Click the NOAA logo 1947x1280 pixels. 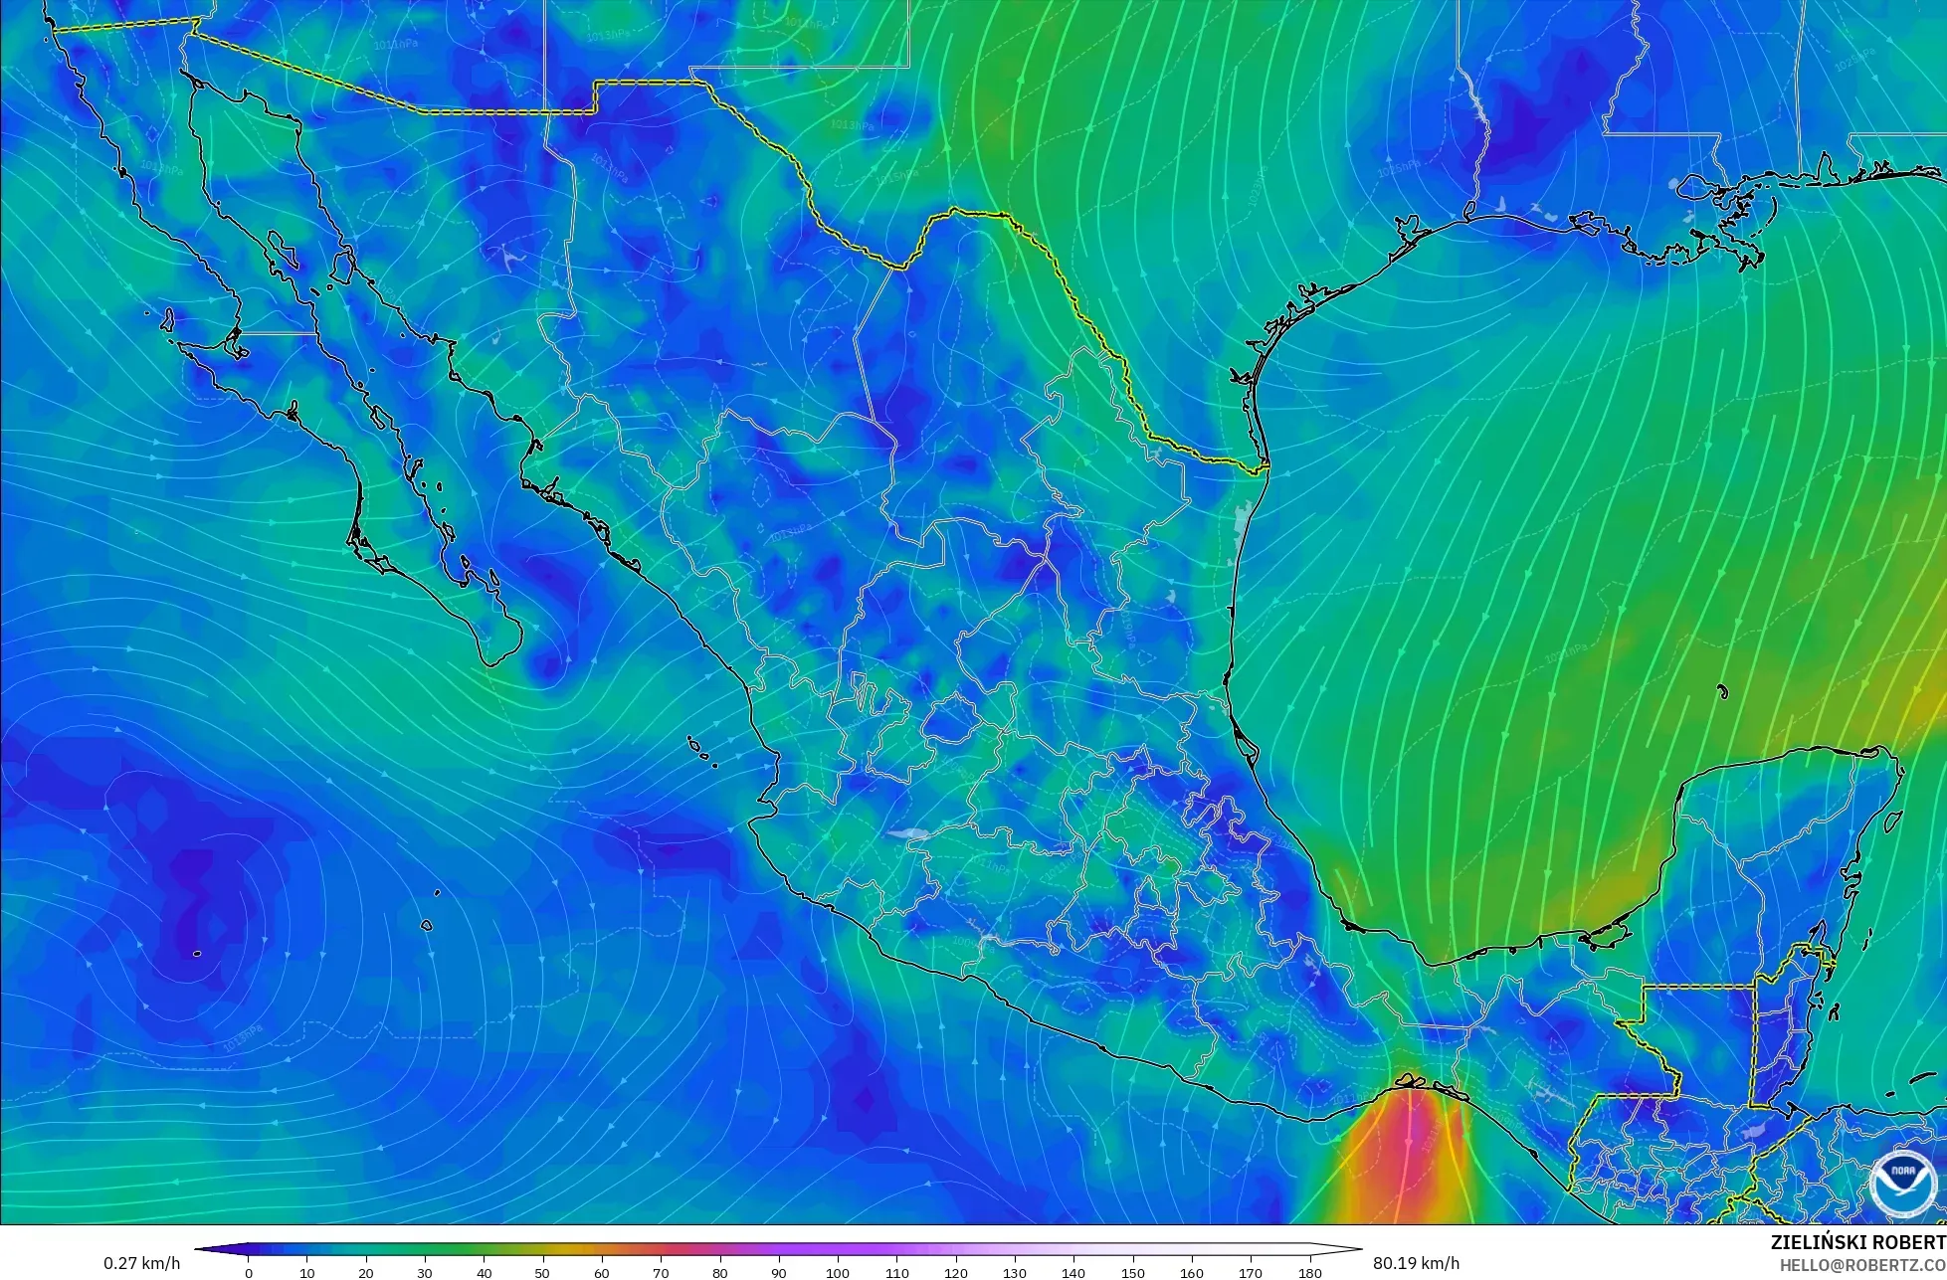(x=1901, y=1183)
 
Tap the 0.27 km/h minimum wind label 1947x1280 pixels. (x=141, y=1263)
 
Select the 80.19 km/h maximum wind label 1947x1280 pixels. (x=1416, y=1263)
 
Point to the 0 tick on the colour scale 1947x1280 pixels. (x=249, y=1273)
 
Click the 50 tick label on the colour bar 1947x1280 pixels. (x=543, y=1273)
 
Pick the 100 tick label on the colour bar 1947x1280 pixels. (x=838, y=1273)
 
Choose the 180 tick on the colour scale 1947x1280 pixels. (x=1309, y=1273)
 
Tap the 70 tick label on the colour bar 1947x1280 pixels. (x=661, y=1273)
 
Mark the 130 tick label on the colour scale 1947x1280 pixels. (x=1015, y=1273)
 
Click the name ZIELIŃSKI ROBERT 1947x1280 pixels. (x=1857, y=1242)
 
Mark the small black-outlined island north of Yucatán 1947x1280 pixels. (x=1722, y=692)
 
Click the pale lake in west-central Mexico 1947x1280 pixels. (x=907, y=834)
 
